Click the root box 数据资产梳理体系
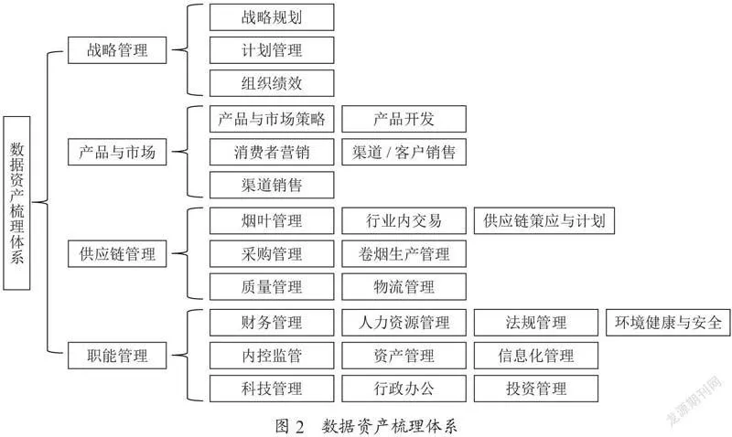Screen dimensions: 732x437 (16, 203)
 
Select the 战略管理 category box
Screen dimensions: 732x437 (117, 50)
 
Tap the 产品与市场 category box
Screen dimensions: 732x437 (117, 152)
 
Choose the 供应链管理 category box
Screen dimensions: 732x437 (117, 254)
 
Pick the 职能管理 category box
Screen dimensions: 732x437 (117, 356)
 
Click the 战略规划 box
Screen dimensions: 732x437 (272, 17)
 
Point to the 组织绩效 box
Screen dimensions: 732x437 (272, 83)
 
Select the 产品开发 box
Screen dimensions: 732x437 (404, 119)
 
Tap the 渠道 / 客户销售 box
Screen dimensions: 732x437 (404, 152)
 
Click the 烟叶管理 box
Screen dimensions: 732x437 (272, 220)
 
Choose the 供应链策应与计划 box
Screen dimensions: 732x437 (544, 220)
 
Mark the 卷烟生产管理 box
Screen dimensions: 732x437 (404, 254)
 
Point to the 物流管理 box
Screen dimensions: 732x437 (404, 286)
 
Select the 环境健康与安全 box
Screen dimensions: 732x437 (668, 323)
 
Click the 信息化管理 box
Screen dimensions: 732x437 (536, 356)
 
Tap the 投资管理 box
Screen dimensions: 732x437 (536, 388)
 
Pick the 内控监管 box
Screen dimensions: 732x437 (272, 356)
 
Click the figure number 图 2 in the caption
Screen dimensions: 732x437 (289, 426)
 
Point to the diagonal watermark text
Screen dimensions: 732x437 (694, 400)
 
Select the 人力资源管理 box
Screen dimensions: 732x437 (404, 323)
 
